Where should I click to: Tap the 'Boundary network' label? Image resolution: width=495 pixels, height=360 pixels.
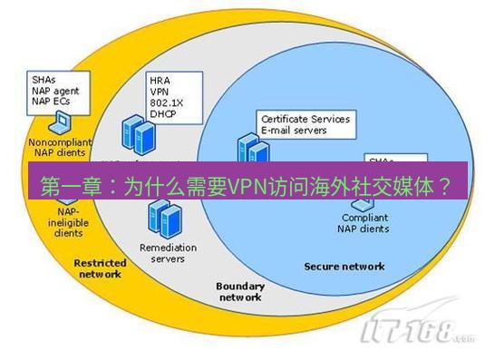(239, 291)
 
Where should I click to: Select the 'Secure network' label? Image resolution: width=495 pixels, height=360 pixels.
(344, 267)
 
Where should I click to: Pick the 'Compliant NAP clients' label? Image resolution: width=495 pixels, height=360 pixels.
(364, 223)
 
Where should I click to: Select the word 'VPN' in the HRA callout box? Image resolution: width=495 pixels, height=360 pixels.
(160, 92)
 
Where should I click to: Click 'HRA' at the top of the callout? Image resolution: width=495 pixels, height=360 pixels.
(160, 81)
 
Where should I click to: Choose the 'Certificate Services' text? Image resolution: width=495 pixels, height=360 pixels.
(305, 119)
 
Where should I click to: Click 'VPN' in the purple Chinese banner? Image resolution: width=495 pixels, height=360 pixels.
(244, 186)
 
